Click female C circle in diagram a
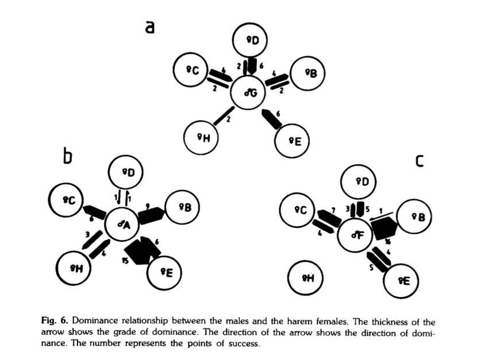click(x=190, y=70)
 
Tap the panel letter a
click(x=150, y=27)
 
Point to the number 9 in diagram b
click(x=148, y=205)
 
